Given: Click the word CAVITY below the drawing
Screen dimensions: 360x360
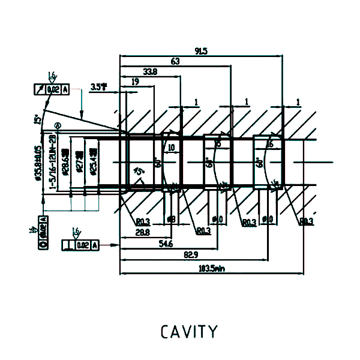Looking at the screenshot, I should [189, 331].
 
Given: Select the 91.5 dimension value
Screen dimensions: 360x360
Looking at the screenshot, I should [201, 52].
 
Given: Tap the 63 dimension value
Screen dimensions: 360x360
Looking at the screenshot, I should [175, 62].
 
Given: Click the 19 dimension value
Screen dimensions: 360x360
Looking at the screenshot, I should [136, 81].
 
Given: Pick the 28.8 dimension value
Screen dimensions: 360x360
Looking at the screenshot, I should [142, 232].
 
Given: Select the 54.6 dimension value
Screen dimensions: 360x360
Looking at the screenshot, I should [166, 244].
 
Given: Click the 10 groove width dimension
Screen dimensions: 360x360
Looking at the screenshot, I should [171, 147].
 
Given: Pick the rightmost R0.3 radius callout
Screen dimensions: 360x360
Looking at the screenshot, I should [307, 221].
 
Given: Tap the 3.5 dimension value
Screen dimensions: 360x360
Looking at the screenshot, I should [98, 87].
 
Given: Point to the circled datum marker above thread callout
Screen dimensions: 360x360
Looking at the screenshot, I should [58, 125].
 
